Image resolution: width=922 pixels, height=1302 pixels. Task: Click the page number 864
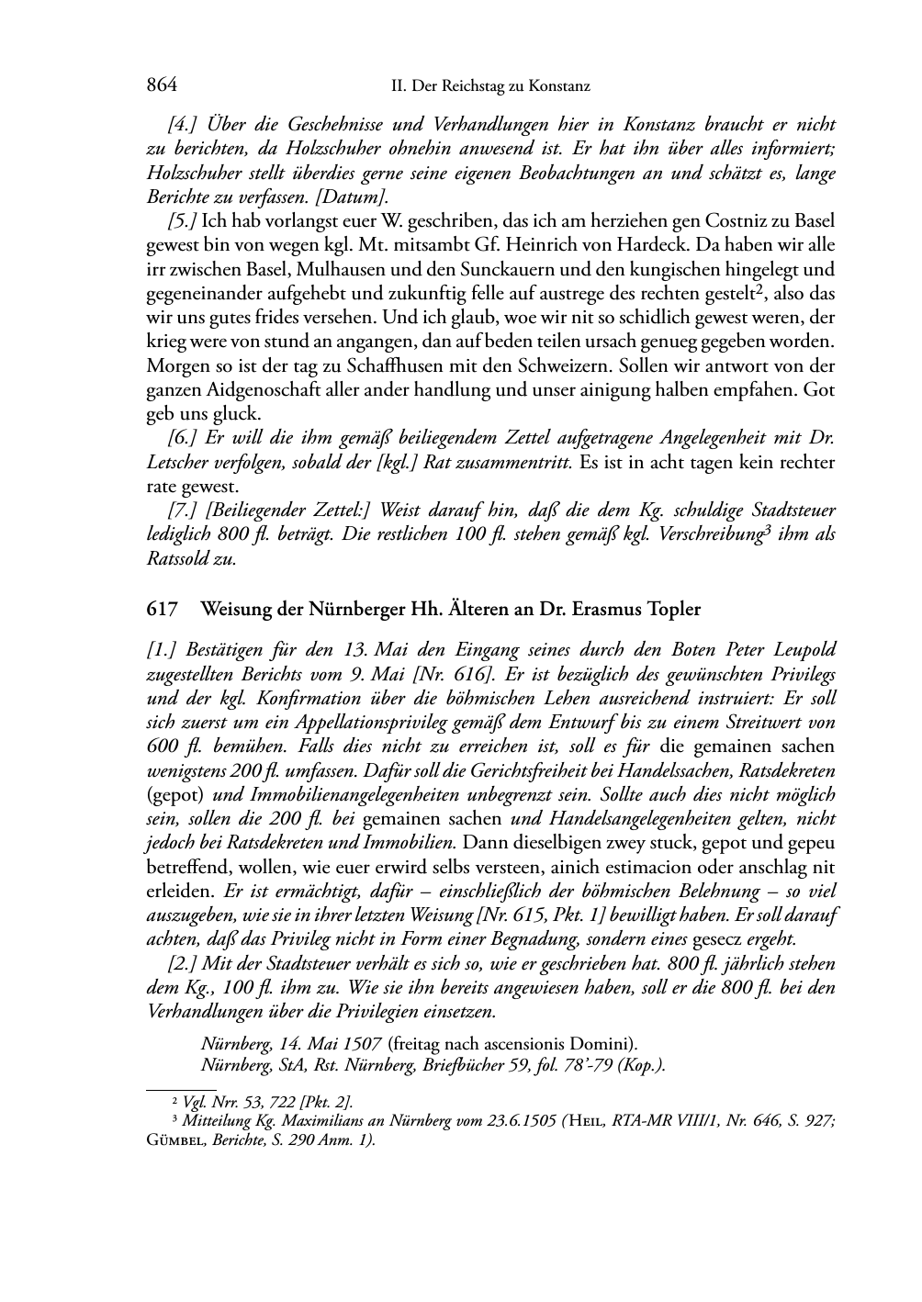tap(162, 85)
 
